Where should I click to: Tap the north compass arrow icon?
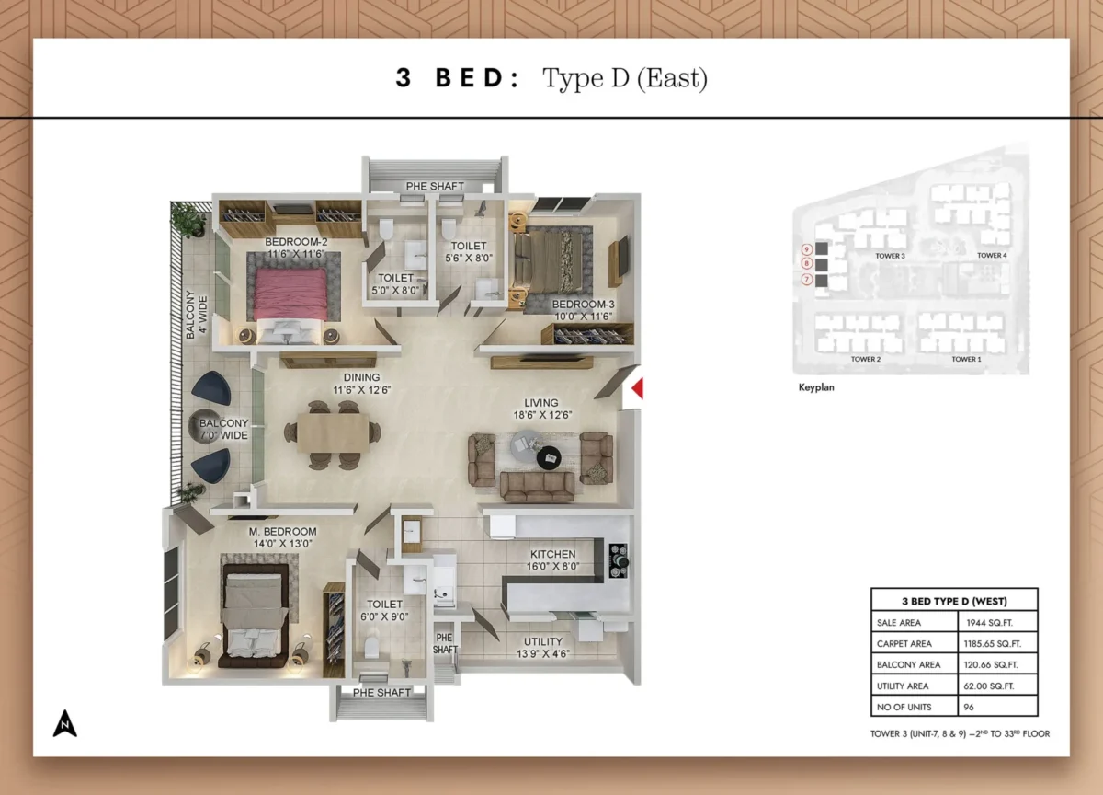coord(64,723)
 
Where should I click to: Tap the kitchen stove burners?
coord(619,556)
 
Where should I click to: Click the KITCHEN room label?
coord(552,555)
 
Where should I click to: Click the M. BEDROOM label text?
coord(282,532)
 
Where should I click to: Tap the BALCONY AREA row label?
coord(908,664)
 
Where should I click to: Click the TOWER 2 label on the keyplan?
coord(865,359)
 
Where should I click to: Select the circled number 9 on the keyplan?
coord(806,248)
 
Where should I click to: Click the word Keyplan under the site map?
coord(816,388)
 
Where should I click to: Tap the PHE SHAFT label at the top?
coord(435,187)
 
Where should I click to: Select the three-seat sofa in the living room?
coord(538,486)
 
